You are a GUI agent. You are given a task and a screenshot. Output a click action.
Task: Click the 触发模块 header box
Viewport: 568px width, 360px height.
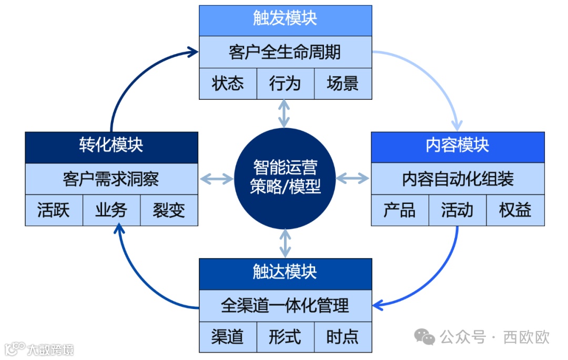(x=285, y=20)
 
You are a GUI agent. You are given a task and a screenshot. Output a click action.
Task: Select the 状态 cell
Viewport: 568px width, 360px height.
(x=228, y=84)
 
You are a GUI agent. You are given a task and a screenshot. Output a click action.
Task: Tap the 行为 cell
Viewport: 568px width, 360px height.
(x=285, y=84)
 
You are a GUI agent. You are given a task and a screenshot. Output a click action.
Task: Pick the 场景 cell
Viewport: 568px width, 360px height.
(x=343, y=84)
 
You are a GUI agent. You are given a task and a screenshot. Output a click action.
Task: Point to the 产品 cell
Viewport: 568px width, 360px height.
(x=400, y=210)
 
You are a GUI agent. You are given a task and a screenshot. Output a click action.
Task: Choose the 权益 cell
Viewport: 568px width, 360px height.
(x=515, y=210)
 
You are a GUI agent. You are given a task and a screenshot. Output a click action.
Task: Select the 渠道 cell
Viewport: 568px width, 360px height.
(x=228, y=337)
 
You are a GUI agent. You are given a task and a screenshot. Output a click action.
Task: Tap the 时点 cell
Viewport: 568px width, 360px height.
(x=343, y=337)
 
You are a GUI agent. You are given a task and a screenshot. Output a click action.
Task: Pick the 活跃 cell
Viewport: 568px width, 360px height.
(x=54, y=210)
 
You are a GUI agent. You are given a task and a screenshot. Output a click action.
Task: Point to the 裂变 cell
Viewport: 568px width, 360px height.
(x=169, y=210)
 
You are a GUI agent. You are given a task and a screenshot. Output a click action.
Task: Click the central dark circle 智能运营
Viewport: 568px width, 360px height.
(x=285, y=179)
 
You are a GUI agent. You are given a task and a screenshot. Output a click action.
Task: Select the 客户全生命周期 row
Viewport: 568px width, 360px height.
(x=285, y=52)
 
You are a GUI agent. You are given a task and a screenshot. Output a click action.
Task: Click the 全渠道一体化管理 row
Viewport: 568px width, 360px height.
(x=285, y=305)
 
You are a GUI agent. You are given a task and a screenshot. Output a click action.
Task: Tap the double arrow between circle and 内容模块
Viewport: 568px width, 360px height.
(x=353, y=179)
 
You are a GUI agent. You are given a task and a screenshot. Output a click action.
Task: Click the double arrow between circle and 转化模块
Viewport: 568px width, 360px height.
(x=217, y=179)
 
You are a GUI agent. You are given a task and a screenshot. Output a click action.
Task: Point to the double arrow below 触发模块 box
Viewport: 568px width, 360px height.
(x=285, y=113)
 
